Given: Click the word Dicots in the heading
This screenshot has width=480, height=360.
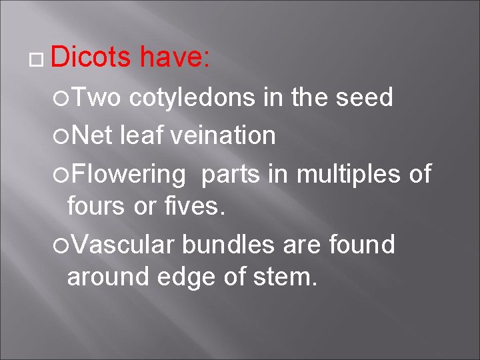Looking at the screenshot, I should [x=91, y=58].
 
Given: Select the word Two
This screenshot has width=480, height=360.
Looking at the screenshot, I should [x=96, y=98].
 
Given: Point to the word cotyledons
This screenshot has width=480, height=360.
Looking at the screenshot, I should [x=193, y=98].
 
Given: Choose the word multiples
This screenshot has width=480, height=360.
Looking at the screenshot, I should [x=347, y=174].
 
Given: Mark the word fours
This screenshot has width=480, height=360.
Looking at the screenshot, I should [x=97, y=207].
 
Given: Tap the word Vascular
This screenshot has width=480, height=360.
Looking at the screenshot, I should [x=123, y=245].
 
